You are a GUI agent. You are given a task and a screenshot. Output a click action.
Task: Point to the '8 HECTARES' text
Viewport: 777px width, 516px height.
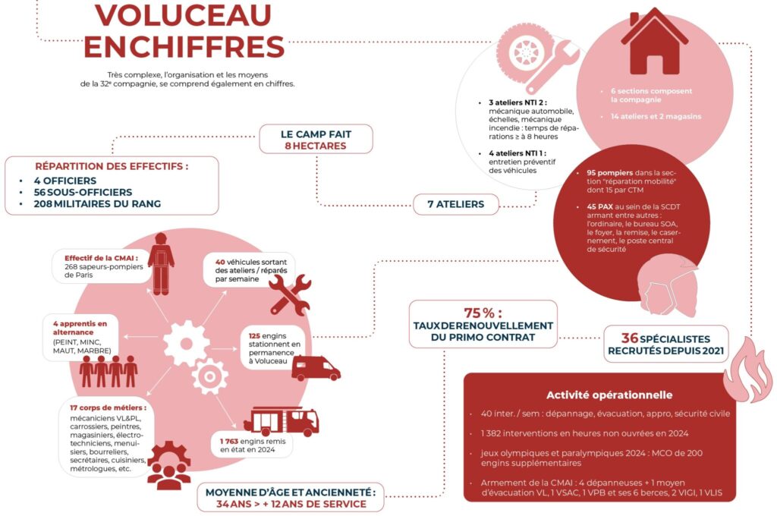pyautogui.click(x=316, y=146)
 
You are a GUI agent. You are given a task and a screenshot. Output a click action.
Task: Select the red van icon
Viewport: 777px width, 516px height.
pyautogui.click(x=316, y=369)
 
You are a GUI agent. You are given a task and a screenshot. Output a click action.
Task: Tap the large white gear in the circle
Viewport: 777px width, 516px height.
pyautogui.click(x=186, y=343)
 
